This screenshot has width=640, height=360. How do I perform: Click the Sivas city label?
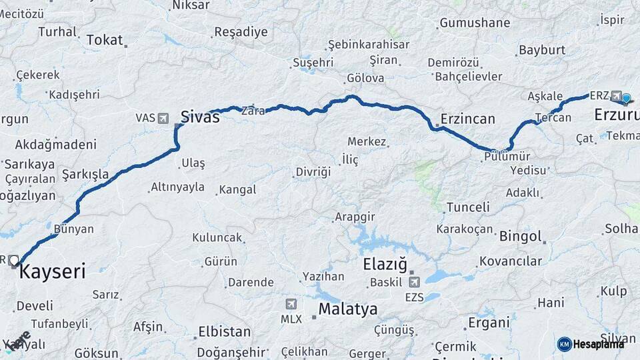tap(199, 117)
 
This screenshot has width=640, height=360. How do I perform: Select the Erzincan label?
tap(467, 119)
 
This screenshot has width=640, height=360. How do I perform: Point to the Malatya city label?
tap(347, 309)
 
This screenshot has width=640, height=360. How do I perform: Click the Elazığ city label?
tap(385, 264)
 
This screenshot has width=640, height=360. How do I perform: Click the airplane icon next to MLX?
tap(291, 304)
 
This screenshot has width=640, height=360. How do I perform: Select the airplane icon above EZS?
tap(414, 282)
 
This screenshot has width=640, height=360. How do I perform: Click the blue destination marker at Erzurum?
tap(625, 99)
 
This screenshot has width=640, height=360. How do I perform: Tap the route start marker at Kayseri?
tap(14, 260)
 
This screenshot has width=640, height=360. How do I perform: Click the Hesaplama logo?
tap(591, 344)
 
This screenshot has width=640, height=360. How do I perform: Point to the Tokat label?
tap(105, 40)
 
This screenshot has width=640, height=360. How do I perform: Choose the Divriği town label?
tap(313, 172)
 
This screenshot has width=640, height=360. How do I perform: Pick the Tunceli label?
tap(468, 207)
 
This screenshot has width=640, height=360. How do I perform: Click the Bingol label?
tap(520, 237)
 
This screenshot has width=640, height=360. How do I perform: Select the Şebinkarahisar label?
tap(368, 45)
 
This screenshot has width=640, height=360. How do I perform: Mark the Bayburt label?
tap(541, 50)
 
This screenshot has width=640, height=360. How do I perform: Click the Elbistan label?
tap(224, 331)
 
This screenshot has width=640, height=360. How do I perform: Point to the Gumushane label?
tap(474, 23)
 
